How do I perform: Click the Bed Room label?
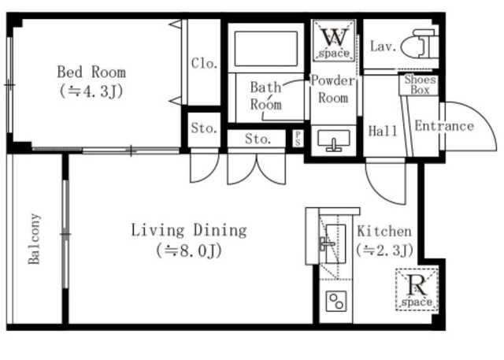click(91, 72)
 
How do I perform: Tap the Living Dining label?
click(189, 231)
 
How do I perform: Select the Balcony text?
click(35, 239)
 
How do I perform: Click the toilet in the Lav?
click(420, 44)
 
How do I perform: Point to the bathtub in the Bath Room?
click(266, 49)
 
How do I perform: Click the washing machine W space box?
click(334, 40)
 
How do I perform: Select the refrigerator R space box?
click(417, 290)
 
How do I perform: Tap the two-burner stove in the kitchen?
click(336, 301)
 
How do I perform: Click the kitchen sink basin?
click(335, 244)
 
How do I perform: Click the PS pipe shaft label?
click(298, 138)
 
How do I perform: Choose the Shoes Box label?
click(420, 84)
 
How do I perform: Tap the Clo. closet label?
click(204, 63)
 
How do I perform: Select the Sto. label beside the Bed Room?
click(204, 128)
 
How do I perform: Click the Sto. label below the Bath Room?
click(258, 139)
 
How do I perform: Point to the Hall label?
click(383, 131)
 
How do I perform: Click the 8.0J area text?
click(189, 251)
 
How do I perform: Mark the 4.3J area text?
click(91, 91)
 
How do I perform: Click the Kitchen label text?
click(384, 232)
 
